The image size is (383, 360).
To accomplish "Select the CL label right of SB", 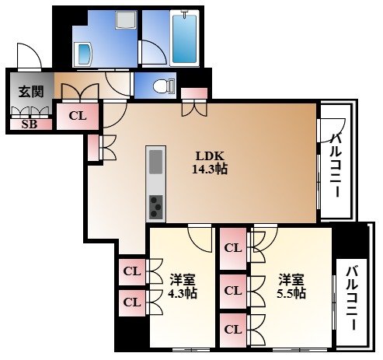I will [x=77, y=117].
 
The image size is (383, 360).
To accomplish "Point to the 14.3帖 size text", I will [x=210, y=168].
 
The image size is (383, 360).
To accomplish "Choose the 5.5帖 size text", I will [x=290, y=293].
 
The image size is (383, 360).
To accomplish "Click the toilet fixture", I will [x=161, y=86].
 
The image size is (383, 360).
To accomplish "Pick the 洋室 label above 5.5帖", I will [x=290, y=278].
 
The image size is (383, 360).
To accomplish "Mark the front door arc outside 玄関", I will [x=28, y=56].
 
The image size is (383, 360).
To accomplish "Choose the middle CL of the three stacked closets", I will [x=232, y=290].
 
